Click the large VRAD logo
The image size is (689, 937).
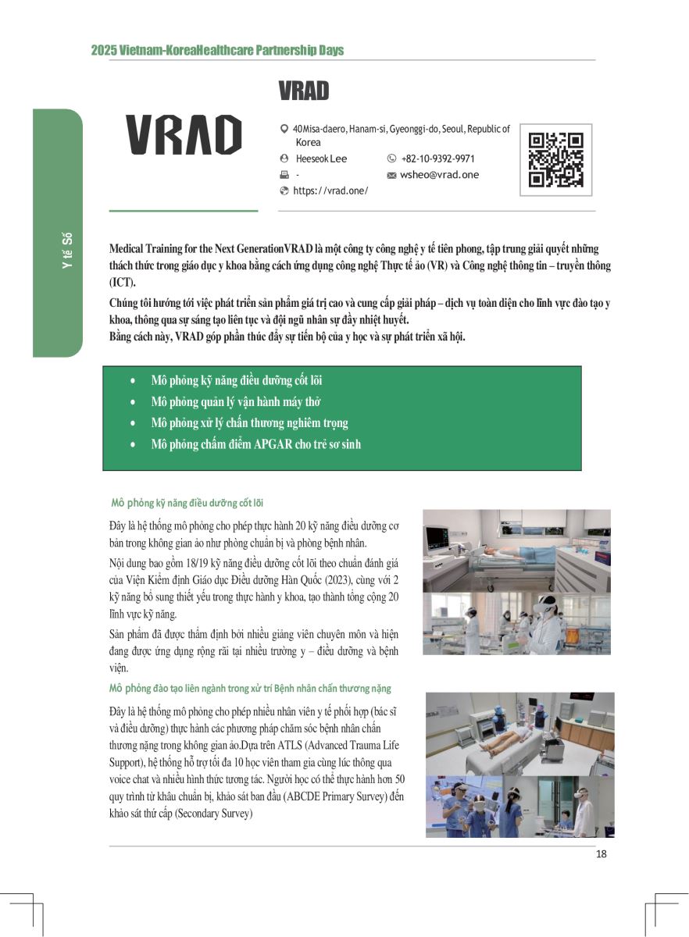(x=184, y=134)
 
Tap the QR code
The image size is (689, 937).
(x=555, y=160)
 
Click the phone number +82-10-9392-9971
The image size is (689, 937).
(x=437, y=159)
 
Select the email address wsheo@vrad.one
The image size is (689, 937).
(x=439, y=175)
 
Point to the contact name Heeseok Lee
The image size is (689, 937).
(x=321, y=159)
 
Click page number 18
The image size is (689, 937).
(x=601, y=853)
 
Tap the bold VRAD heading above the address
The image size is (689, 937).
(x=303, y=91)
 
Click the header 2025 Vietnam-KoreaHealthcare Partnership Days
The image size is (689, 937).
(x=217, y=51)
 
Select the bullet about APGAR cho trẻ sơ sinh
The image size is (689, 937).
(x=255, y=444)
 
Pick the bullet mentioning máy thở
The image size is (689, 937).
(x=236, y=402)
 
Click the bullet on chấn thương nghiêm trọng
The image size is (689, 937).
(x=249, y=423)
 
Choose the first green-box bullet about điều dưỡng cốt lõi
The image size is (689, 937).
(x=236, y=381)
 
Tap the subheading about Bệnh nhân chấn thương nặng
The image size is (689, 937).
(x=250, y=689)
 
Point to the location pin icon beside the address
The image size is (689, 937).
(x=284, y=129)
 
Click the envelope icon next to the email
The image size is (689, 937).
(x=391, y=176)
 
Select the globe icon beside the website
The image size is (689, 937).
(x=284, y=191)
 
